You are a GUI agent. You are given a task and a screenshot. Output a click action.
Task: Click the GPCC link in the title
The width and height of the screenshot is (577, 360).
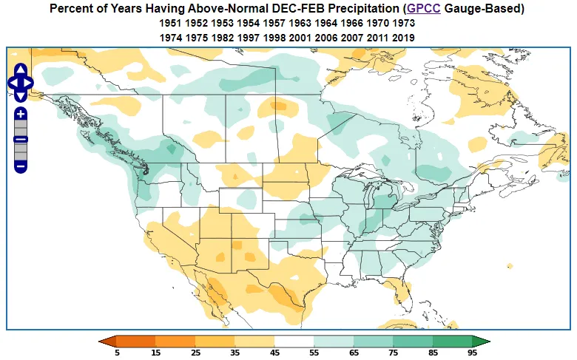click(425, 9)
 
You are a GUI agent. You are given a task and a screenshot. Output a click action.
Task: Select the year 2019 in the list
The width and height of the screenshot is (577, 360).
click(404, 38)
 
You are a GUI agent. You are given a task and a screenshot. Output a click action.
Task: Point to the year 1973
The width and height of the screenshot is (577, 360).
click(404, 24)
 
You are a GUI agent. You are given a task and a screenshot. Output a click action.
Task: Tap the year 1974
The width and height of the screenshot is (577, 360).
click(171, 38)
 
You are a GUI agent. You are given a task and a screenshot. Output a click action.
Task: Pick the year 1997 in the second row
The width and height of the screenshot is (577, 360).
click(249, 38)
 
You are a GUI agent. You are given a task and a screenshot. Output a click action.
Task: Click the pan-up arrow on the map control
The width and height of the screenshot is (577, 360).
click(21, 69)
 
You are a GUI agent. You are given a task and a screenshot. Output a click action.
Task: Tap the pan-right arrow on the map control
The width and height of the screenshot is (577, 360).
click(30, 82)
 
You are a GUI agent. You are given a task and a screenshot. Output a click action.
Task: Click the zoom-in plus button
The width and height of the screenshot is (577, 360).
click(21, 114)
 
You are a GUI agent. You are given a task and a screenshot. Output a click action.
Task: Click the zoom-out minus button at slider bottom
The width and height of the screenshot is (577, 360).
click(21, 166)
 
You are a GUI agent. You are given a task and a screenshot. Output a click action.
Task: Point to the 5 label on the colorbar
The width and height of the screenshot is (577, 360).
click(116, 353)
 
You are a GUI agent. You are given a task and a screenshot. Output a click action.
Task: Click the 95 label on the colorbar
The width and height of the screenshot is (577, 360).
click(471, 353)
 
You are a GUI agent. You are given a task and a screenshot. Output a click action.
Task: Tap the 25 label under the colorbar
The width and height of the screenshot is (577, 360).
click(195, 353)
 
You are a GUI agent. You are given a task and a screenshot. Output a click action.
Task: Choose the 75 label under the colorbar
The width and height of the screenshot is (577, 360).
click(392, 353)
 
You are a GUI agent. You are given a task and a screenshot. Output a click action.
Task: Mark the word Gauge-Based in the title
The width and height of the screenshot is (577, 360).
click(488, 9)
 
